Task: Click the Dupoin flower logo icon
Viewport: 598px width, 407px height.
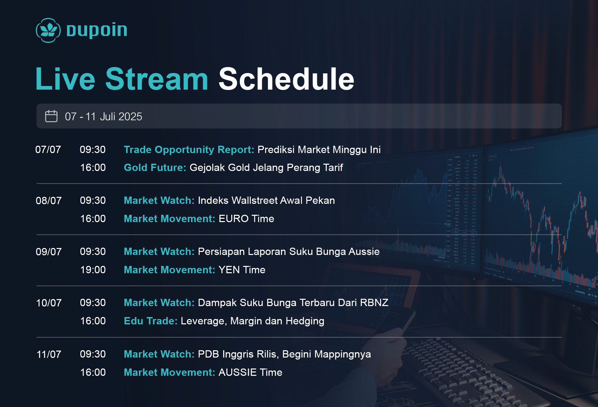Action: pos(48,30)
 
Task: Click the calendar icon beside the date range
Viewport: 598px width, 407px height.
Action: pos(51,116)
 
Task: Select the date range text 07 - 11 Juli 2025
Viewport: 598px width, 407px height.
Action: pos(103,117)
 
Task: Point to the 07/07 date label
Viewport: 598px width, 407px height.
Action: pos(48,149)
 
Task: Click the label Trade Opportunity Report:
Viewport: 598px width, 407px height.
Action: pos(189,150)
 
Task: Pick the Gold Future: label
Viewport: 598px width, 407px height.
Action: pos(155,167)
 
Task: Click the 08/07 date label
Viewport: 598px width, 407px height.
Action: pos(49,201)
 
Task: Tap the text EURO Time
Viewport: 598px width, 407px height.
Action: pos(246,218)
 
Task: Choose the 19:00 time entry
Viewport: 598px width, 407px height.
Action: pos(93,270)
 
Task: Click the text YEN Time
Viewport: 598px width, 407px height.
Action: pos(242,270)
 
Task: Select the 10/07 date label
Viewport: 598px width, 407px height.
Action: pos(49,303)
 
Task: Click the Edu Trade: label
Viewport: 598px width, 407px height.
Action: pos(150,321)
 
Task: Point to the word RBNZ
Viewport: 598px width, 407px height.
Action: pos(374,302)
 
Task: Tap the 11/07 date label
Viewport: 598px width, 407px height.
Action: pos(49,354)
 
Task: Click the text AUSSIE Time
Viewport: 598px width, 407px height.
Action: pos(250,372)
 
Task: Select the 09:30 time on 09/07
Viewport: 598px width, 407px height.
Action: pos(93,251)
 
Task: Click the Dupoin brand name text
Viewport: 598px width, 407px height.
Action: pos(97,30)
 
